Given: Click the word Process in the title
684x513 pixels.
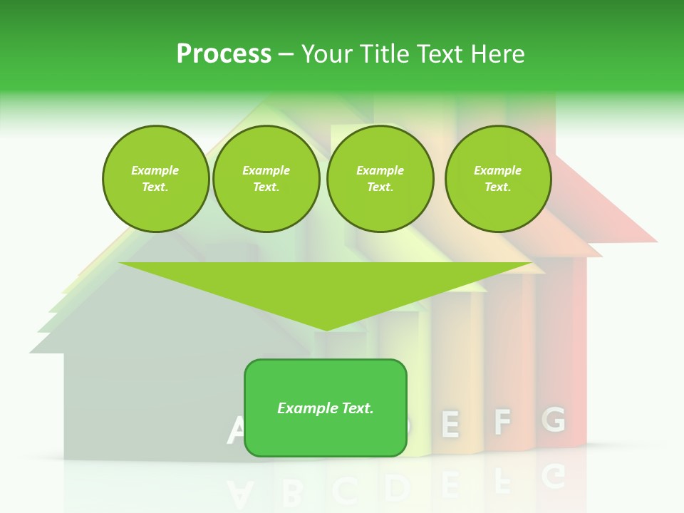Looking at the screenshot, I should (224, 53).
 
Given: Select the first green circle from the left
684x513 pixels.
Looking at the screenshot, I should (155, 179).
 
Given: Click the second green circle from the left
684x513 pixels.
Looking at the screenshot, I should (266, 179).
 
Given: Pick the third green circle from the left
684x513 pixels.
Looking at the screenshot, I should (380, 179).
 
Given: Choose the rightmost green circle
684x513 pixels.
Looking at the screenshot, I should (497, 179).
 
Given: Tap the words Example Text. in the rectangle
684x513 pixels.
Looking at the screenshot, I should (325, 408).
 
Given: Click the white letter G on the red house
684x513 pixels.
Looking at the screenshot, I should (554, 420).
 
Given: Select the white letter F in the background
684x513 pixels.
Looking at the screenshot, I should (502, 423).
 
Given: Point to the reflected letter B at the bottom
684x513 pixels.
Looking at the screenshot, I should (290, 490).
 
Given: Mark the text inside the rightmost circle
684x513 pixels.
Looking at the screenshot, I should (497, 179).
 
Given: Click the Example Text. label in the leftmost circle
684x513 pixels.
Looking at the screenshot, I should (155, 179).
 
